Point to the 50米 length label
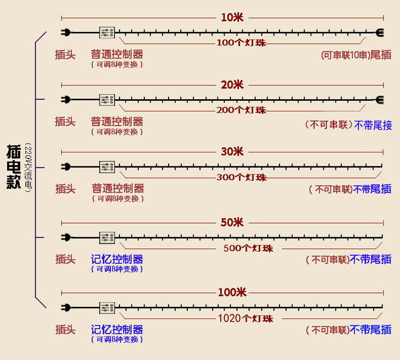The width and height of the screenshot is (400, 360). tap(231, 222)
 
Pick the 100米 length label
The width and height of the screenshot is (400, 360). tap(231, 292)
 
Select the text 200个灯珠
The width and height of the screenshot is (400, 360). tap(242, 110)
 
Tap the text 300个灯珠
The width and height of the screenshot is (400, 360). tap(242, 177)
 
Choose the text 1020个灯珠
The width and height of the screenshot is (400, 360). tap(245, 318)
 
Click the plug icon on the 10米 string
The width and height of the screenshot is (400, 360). tap(66, 32)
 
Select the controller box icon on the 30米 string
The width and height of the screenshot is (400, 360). tap(107, 166)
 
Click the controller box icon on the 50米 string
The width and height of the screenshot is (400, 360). tap(107, 237)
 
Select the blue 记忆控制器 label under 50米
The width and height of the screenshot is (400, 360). tap(117, 259)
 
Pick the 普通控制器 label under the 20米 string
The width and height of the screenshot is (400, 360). tap(117, 121)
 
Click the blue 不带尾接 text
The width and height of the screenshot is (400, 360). tap(372, 125)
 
